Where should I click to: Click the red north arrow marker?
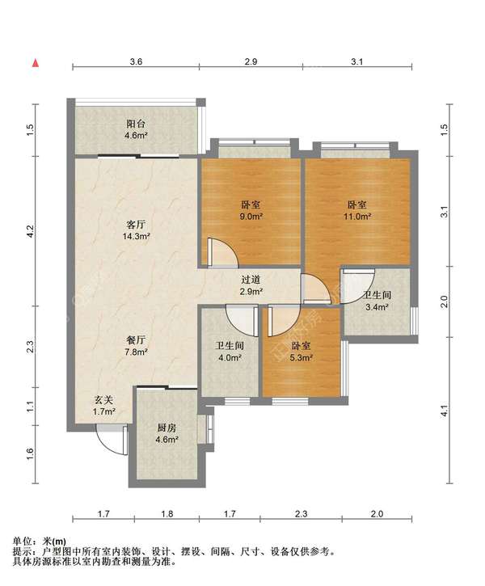click(x=36, y=63)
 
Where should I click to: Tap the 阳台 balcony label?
click(x=136, y=124)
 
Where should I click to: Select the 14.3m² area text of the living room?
click(x=136, y=236)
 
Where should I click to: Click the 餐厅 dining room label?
click(x=136, y=340)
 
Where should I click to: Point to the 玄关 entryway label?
click(x=103, y=400)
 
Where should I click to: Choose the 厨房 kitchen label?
click(x=167, y=428)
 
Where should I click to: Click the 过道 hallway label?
click(x=251, y=280)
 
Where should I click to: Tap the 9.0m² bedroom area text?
click(x=251, y=216)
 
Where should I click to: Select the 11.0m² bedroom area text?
click(x=357, y=216)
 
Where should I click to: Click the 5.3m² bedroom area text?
click(x=302, y=357)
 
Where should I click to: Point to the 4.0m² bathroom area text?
click(x=230, y=357)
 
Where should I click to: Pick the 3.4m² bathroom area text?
click(x=377, y=307)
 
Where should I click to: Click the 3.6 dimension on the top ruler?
click(x=136, y=61)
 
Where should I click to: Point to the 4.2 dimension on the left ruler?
click(x=30, y=230)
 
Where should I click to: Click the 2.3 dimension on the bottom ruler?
click(x=301, y=514)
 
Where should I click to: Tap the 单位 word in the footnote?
click(x=21, y=541)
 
